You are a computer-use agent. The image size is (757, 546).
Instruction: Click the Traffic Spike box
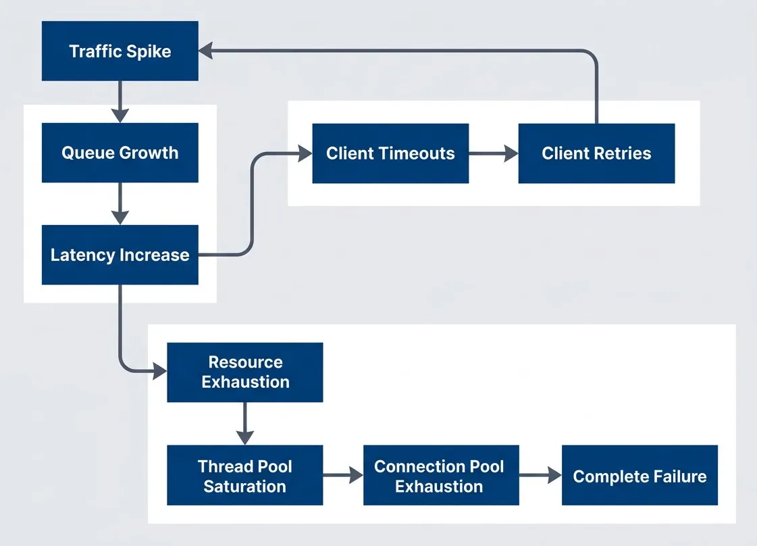[x=120, y=51]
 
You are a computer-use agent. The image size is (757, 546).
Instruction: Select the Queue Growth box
[x=120, y=153]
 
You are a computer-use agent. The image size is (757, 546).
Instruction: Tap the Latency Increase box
[x=120, y=255]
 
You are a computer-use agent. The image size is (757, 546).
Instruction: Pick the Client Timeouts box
[x=390, y=153]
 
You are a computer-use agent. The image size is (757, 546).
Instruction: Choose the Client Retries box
[x=596, y=153]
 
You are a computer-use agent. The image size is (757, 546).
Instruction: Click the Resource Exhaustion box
[x=244, y=372]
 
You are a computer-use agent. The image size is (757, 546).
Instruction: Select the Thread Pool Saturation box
[x=244, y=476]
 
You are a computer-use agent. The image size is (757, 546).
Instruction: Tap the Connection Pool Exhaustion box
[x=440, y=476]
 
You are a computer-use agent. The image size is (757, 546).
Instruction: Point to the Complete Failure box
[x=639, y=476]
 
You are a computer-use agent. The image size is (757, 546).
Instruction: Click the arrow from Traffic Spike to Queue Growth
[x=120, y=101]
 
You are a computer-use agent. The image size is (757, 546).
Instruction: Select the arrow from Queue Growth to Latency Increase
[x=120, y=203]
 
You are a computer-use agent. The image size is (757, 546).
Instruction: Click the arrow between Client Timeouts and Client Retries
[x=493, y=153]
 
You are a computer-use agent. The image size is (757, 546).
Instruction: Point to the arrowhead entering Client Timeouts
[x=305, y=153]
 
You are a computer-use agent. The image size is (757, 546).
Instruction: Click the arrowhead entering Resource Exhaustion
[x=159, y=371]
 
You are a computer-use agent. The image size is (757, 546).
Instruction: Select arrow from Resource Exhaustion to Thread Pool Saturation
[x=244, y=423]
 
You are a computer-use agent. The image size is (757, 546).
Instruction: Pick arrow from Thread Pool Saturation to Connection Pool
[x=343, y=476]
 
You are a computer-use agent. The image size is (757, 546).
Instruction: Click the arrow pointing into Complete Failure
[x=540, y=476]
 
